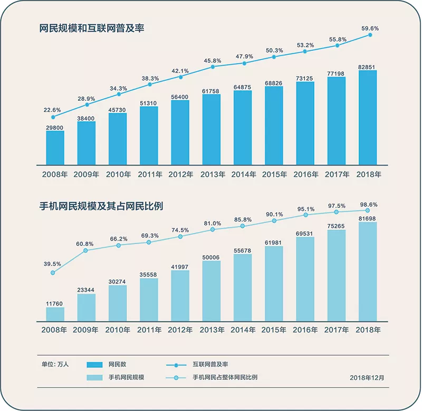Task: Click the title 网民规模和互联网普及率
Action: click(x=92, y=29)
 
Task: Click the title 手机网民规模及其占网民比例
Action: click(x=101, y=206)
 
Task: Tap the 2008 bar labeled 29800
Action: click(x=55, y=147)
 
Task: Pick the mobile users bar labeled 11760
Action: click(x=55, y=314)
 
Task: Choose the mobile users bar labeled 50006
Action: click(x=211, y=291)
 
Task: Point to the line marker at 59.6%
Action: click(x=370, y=35)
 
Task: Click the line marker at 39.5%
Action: click(x=53, y=273)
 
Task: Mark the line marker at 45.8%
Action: click(x=213, y=66)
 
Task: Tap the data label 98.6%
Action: click(x=368, y=204)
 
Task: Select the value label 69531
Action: click(x=305, y=233)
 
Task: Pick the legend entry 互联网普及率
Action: click(x=210, y=364)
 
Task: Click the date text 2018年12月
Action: click(x=367, y=378)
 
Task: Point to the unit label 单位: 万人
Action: click(x=55, y=364)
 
